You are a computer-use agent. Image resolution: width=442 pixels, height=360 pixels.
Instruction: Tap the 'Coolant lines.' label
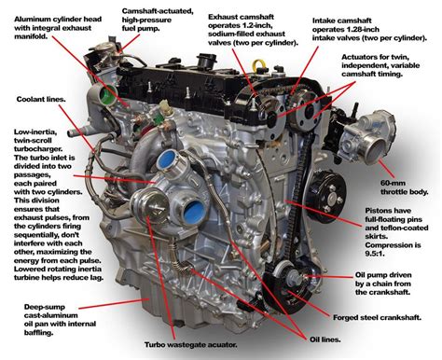tap(39, 97)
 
